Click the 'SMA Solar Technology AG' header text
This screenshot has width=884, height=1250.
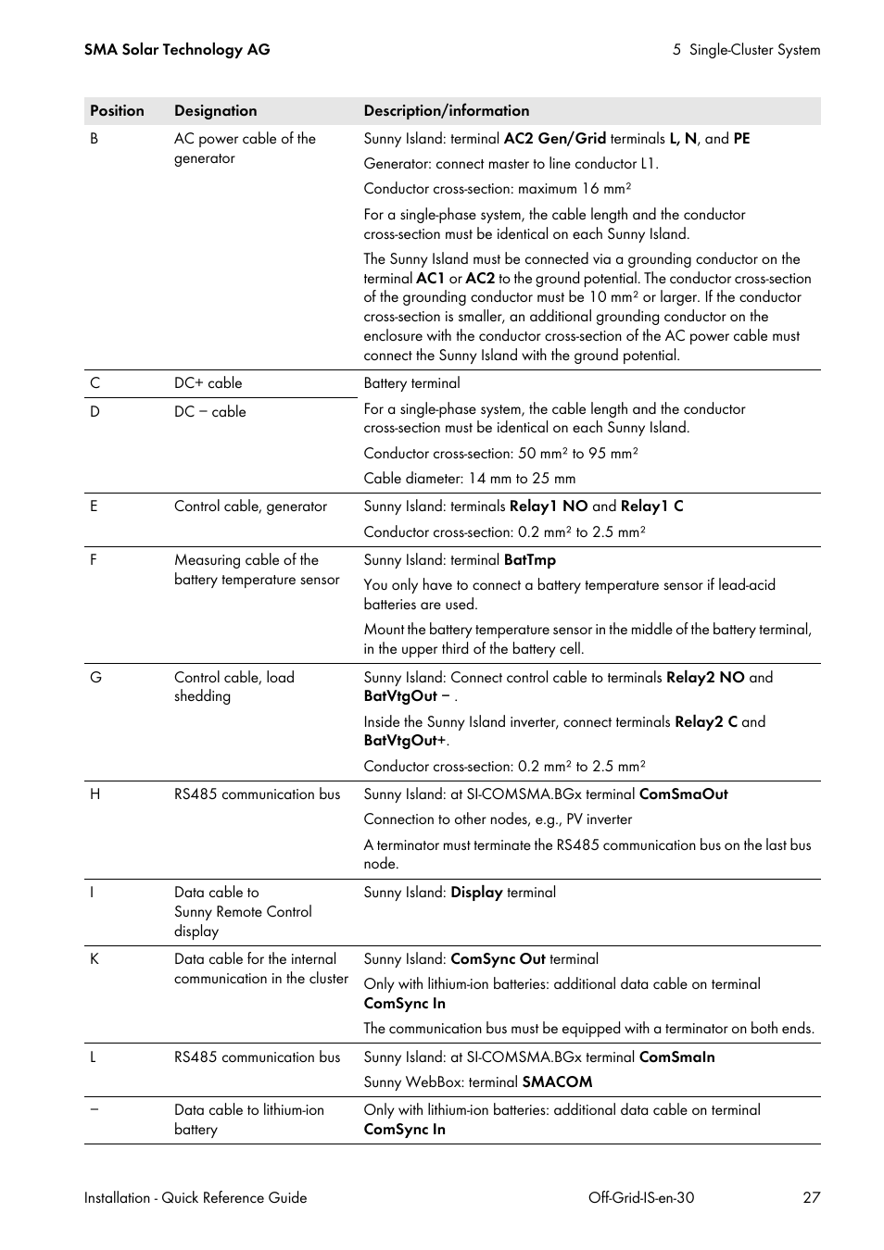[x=177, y=50]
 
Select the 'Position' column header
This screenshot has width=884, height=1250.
[x=117, y=111]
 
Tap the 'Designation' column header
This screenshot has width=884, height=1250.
[x=215, y=111]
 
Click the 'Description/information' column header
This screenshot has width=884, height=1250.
[x=447, y=111]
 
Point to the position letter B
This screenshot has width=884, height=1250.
[x=94, y=139]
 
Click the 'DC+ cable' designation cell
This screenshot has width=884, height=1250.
[x=208, y=383]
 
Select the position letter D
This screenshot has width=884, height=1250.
[x=95, y=412]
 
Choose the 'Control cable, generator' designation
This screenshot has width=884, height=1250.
[x=250, y=506]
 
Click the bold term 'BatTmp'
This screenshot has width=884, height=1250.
[x=529, y=560]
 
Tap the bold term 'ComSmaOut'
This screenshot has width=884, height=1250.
[x=683, y=794]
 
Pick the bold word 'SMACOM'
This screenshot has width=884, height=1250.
[x=557, y=1082]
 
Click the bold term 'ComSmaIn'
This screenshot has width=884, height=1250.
[x=676, y=1057]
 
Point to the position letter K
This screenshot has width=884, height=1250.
[x=95, y=959]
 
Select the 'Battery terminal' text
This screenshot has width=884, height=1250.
[x=411, y=383]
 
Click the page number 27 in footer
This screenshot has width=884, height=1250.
[x=811, y=1198]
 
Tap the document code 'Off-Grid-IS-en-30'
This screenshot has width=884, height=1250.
[x=640, y=1198]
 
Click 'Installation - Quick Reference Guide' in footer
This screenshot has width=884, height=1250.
[x=196, y=1198]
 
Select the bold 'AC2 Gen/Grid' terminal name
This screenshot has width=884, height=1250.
[x=554, y=139]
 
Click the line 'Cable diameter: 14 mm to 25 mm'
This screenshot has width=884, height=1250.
[x=469, y=479]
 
